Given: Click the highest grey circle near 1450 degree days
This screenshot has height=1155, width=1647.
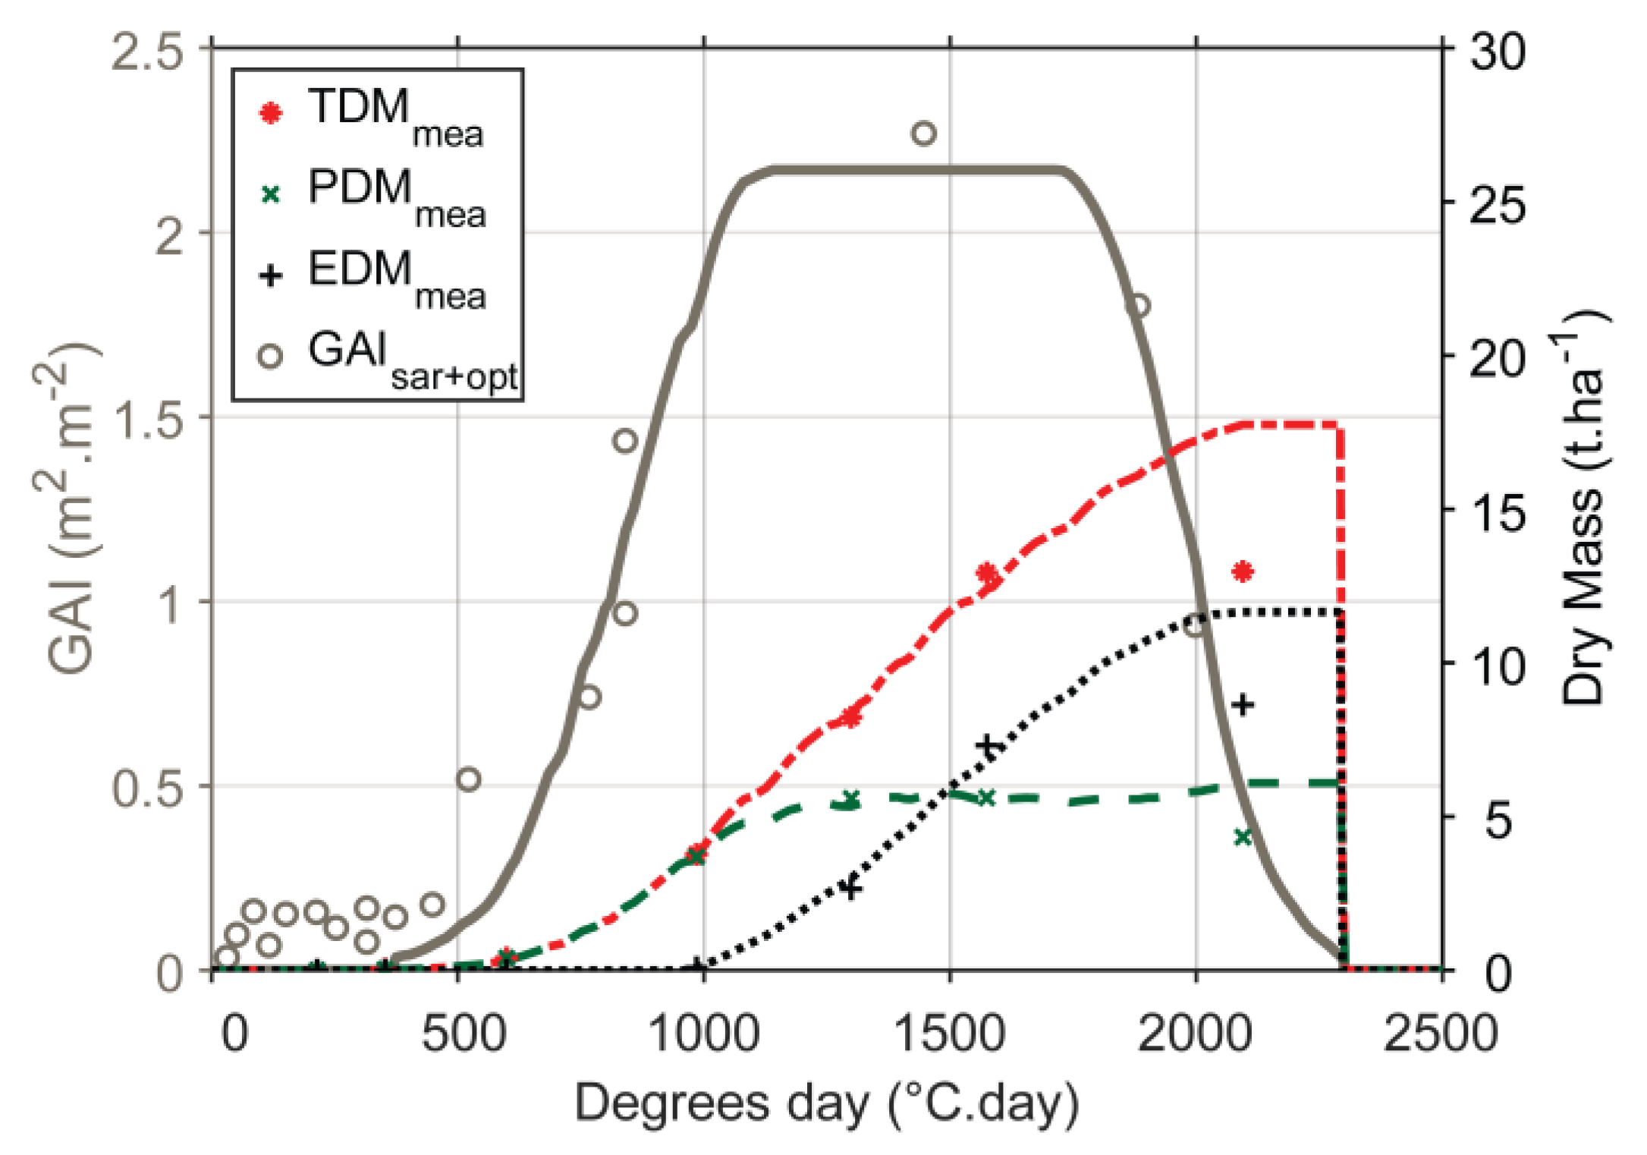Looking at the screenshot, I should click(x=923, y=134).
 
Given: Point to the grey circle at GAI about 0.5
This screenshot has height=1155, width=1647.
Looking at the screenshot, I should click(x=469, y=779).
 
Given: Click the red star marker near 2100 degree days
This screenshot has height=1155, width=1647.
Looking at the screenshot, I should click(x=1242, y=571).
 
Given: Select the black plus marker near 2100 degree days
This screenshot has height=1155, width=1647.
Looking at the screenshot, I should click(x=1243, y=705).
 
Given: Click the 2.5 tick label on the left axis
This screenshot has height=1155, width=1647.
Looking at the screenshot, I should click(x=148, y=53).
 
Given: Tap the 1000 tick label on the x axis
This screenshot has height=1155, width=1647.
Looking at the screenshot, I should click(x=705, y=1034).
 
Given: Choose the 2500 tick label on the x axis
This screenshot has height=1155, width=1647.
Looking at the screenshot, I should click(x=1441, y=1034).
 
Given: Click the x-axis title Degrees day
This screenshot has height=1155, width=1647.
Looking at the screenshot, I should click(x=827, y=1104).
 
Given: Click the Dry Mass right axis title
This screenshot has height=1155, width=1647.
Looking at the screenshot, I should click(x=1586, y=508).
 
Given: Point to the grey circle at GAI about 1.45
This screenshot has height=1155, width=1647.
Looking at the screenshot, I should click(x=625, y=441).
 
